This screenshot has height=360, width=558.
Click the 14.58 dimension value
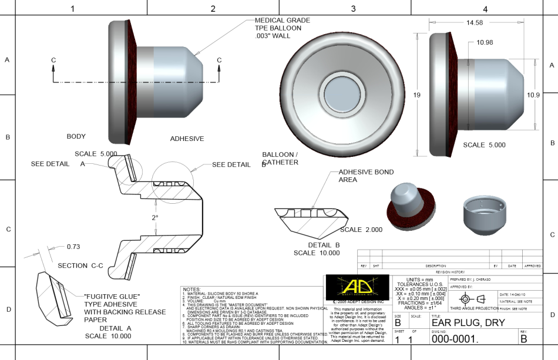474,23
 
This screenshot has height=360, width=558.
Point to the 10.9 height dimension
533,95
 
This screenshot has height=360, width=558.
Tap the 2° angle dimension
155,217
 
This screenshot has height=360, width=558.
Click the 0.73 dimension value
73,246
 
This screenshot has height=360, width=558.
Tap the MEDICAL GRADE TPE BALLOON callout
282,28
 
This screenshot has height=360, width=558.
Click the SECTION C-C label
80,265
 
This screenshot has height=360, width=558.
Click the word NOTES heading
192,290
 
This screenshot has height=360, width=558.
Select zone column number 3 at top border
353,9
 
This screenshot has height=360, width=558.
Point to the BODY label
76,136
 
